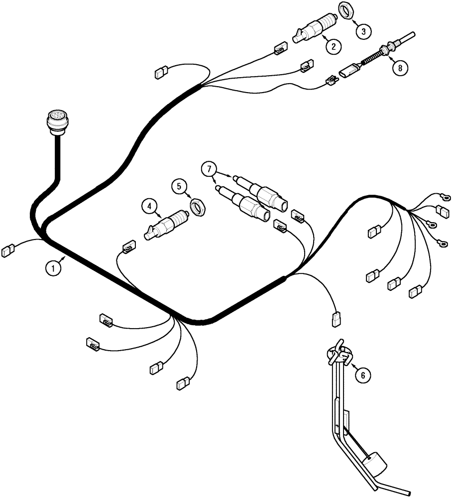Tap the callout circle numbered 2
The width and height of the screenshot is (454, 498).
click(333, 46)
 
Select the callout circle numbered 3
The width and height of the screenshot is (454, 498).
click(363, 31)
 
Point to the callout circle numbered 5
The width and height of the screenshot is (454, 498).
click(179, 187)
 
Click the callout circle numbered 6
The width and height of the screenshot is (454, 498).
click(363, 375)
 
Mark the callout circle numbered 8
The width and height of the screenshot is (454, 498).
click(399, 67)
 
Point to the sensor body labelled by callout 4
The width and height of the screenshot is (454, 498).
click(167, 223)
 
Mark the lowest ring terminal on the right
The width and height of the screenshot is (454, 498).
click(440, 243)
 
